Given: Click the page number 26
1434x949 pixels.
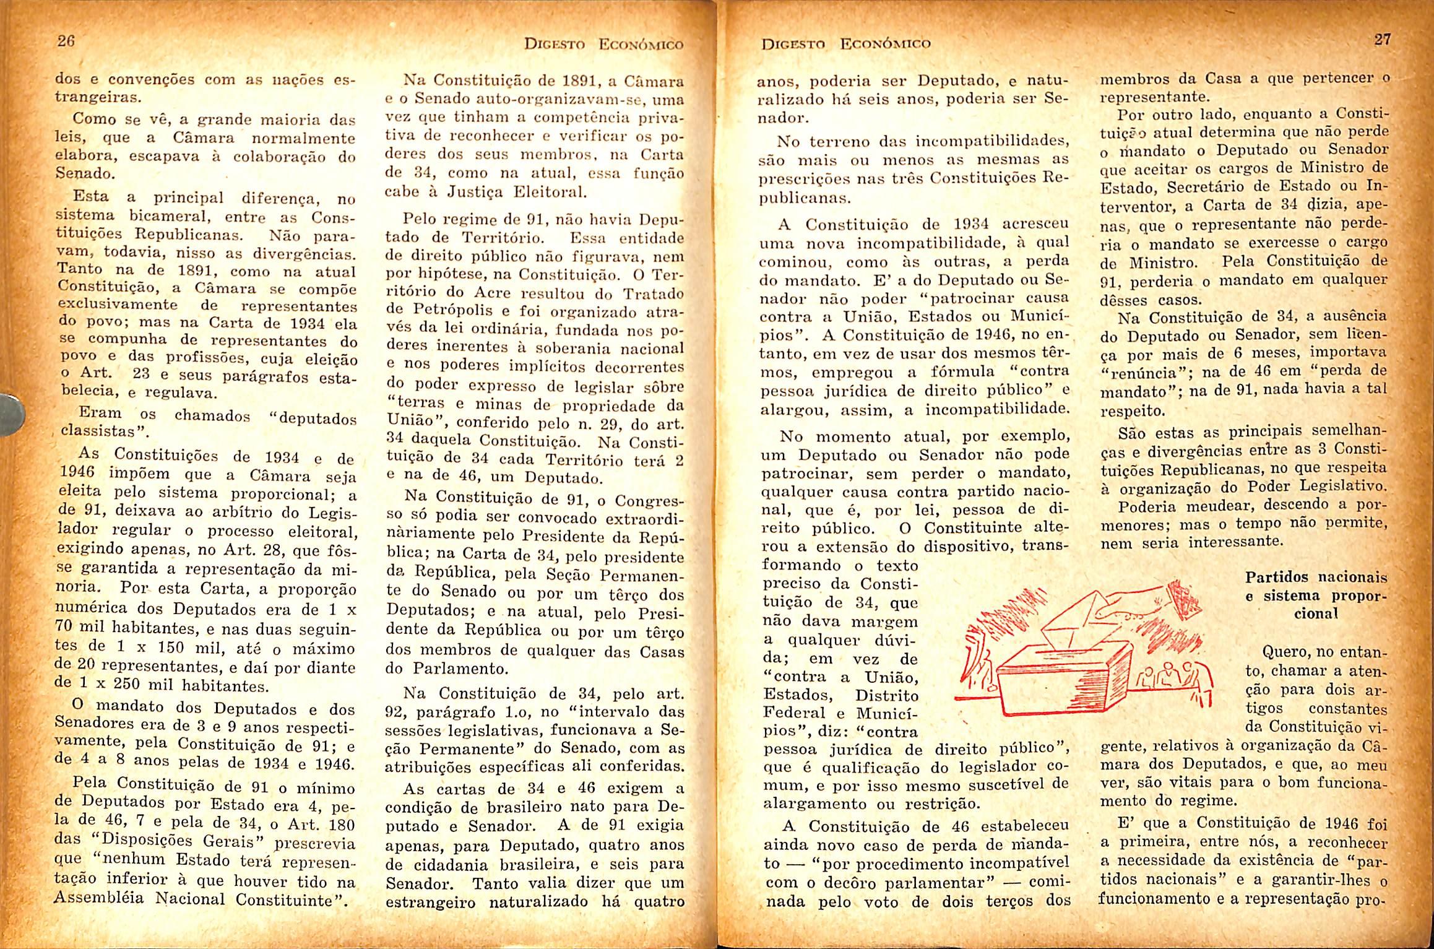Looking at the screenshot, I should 66,42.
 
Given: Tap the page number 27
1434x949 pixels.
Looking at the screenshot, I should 1382,40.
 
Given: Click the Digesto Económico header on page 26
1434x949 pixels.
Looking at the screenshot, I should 603,45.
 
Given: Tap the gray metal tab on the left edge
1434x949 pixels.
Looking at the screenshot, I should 11,412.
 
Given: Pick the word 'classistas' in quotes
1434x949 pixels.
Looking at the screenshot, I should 98,431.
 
